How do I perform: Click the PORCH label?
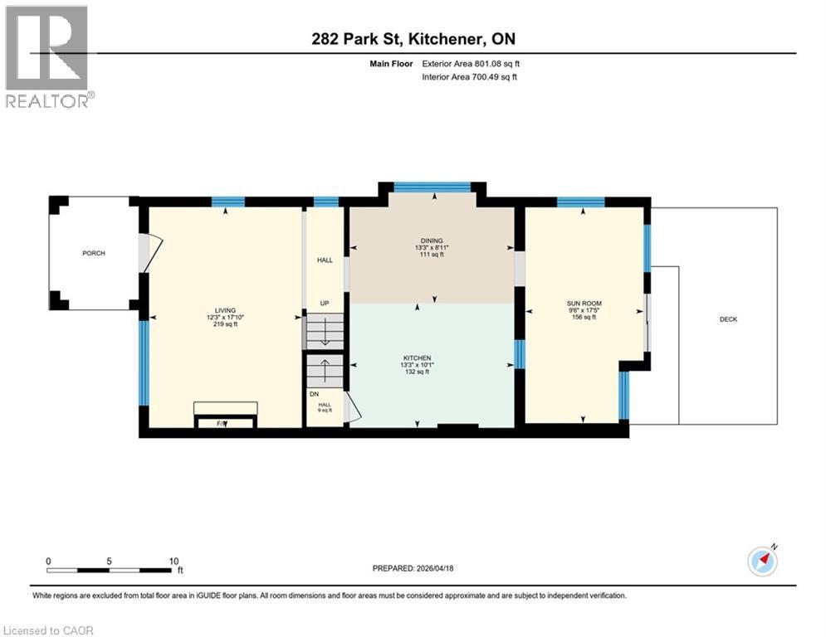click(x=94, y=253)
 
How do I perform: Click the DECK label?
click(x=728, y=319)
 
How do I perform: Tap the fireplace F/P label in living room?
click(x=222, y=424)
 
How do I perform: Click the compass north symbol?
click(x=763, y=561)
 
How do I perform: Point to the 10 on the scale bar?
click(x=174, y=561)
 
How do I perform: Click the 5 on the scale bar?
click(x=110, y=561)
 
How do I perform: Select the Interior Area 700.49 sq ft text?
click(x=472, y=77)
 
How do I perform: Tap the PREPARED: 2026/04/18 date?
click(x=413, y=568)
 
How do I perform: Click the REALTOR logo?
click(x=47, y=56)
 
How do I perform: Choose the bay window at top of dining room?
click(x=432, y=187)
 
